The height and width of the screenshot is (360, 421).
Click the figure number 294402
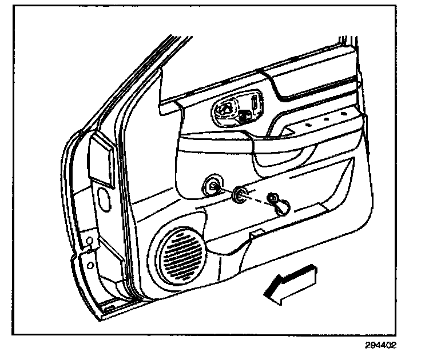point(379,346)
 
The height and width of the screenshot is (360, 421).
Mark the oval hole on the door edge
point(106,197)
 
